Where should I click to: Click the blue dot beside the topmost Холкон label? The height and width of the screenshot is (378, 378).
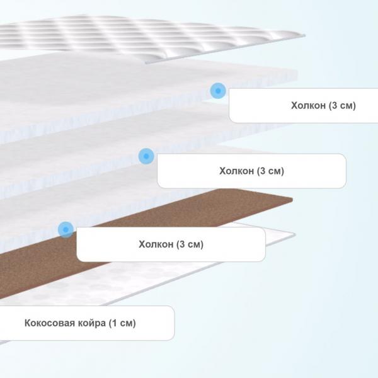coord(218,91)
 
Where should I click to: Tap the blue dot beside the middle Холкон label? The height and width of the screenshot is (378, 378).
coord(146,156)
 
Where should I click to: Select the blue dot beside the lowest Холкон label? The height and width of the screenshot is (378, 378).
coord(66,229)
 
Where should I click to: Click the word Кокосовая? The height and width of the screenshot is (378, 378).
coord(50,323)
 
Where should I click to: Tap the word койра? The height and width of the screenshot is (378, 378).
coord(91,323)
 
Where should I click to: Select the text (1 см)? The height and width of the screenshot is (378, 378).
coord(122,323)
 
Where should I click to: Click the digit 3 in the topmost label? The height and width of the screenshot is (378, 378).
coord(335,106)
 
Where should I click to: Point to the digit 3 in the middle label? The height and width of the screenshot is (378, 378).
coord(263,171)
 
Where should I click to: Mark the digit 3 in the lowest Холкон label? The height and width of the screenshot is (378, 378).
coord(182,244)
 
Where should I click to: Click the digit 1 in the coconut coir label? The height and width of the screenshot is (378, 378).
coord(115,323)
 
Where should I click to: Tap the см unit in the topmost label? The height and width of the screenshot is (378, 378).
coord(346,106)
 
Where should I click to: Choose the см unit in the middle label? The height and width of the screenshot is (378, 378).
coord(274,171)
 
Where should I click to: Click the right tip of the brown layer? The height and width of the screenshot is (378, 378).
coord(292,200)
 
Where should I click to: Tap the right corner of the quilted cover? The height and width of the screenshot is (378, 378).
coord(305,36)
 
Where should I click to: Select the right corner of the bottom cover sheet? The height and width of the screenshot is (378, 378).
coord(295,234)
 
